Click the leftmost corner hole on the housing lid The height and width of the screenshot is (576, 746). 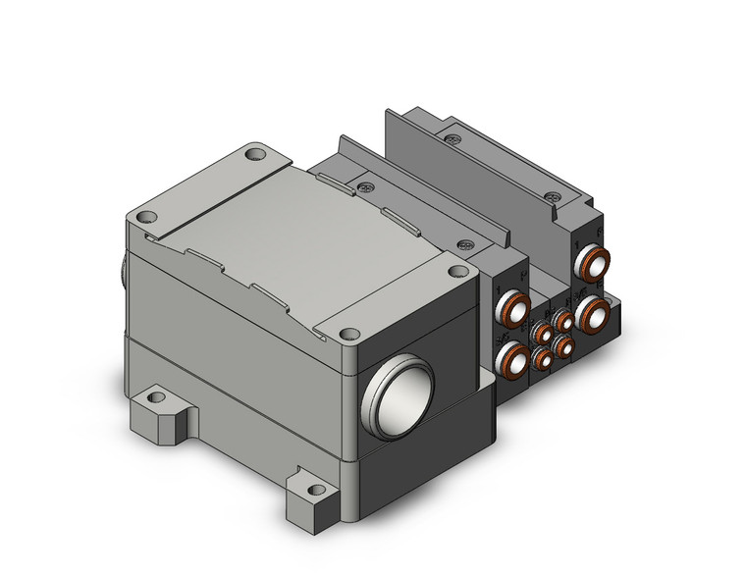point(146,218)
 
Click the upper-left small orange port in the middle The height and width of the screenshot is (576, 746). point(542,335)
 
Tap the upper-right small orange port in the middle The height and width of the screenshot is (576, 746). point(563,320)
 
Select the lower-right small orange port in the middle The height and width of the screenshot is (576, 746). point(562,344)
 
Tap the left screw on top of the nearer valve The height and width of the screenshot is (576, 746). point(365,183)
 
